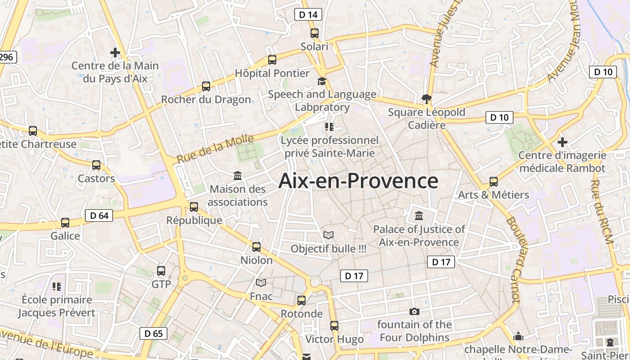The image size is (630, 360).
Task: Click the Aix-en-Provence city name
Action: point(358,181)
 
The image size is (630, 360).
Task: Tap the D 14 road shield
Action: point(308,14)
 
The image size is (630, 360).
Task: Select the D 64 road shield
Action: point(99,216)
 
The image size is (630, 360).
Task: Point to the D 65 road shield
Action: point(153,333)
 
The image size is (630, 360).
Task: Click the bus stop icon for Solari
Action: point(315,33)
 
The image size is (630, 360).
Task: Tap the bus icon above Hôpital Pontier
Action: point(272,59)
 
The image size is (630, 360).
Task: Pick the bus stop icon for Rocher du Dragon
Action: point(206,86)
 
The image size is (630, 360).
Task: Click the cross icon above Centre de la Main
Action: point(115,53)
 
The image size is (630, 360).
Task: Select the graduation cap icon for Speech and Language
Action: point(322,81)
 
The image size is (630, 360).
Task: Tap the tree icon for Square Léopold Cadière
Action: point(426,99)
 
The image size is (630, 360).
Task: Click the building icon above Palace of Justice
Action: point(419,216)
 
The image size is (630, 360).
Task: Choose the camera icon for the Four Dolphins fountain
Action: point(414,311)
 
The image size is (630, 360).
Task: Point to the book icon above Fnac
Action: point(261,283)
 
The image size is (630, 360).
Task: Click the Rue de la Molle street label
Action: point(215,149)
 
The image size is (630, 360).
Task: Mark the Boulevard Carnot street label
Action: point(513,260)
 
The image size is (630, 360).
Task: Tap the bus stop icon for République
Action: point(194,207)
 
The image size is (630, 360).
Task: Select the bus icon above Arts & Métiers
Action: point(494,182)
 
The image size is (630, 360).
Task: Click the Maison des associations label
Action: point(238,196)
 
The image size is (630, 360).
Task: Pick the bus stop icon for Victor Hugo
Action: point(334,325)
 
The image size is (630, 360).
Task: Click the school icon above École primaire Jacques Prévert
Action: point(57,286)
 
